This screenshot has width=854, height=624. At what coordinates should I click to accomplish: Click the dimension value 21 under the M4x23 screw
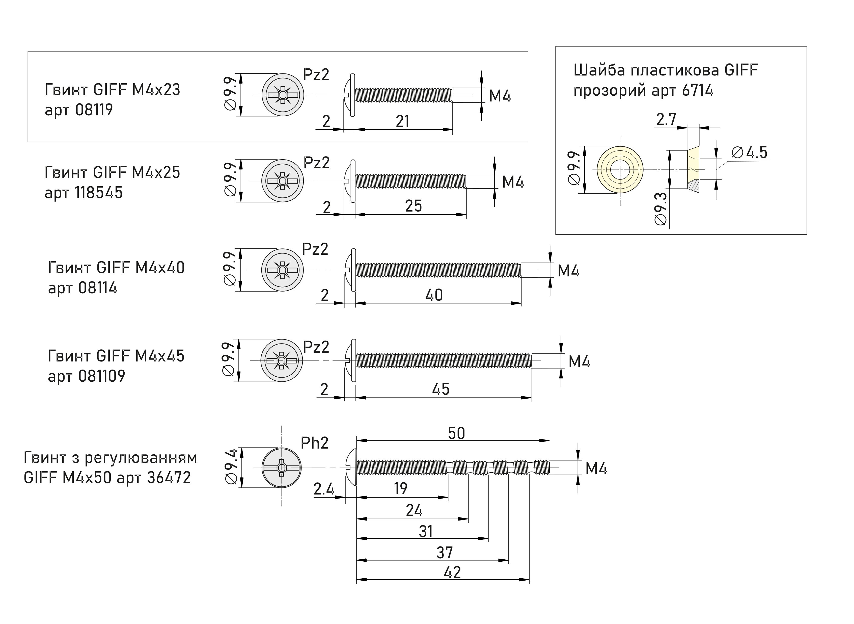402,121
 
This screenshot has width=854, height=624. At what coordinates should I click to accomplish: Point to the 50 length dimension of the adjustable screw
456,433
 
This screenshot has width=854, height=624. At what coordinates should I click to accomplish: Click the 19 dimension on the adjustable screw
401,488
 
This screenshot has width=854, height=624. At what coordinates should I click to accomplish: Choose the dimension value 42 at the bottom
452,572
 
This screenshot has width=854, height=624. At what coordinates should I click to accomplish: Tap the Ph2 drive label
315,443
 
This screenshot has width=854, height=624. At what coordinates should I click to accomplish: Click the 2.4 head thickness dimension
324,489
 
